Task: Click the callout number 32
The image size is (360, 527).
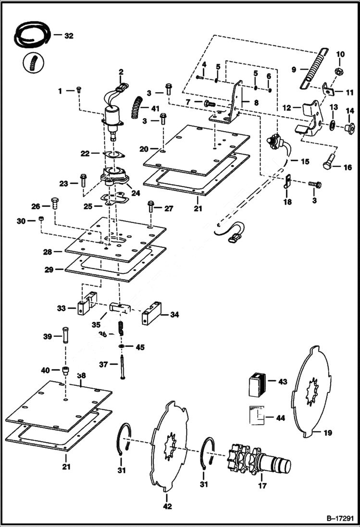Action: tap(69, 36)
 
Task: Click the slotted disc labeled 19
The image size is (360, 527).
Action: tap(312, 392)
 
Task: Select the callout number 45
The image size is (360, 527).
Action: tap(139, 347)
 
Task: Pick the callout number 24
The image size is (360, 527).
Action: tap(136, 193)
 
